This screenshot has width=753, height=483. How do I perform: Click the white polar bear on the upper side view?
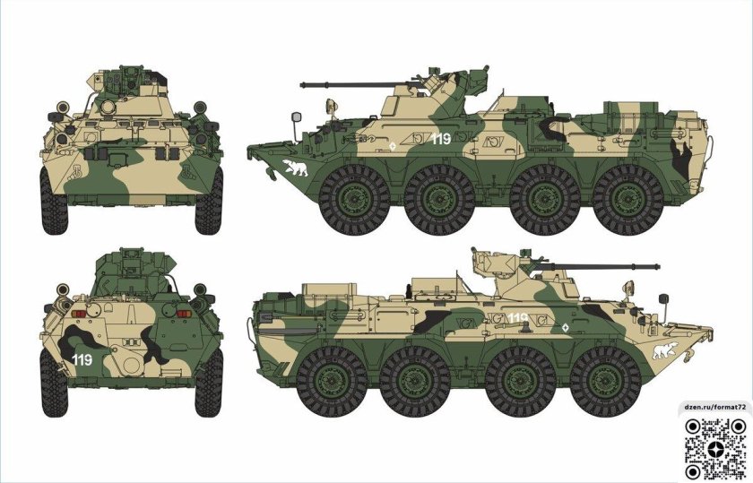pyautogui.click(x=295, y=168)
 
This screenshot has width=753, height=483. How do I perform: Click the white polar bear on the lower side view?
pyautogui.click(x=665, y=350)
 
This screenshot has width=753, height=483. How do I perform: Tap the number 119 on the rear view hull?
pyautogui.click(x=82, y=359)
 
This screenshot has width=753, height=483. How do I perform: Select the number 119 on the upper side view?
pyautogui.click(x=441, y=139)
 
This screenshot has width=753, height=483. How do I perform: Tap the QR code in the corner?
pyautogui.click(x=716, y=449)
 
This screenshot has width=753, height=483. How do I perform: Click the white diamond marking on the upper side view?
pyautogui.click(x=393, y=145)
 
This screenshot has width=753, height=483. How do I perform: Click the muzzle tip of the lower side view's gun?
pyautogui.click(x=657, y=266)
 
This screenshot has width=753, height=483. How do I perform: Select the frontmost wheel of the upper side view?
pyautogui.click(x=354, y=200)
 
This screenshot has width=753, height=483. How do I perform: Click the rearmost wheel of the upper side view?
pyautogui.click(x=628, y=200)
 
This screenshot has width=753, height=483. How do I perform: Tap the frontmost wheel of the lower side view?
pyautogui.click(x=606, y=382)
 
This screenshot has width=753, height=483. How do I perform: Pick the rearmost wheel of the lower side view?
pyautogui.click(x=332, y=382)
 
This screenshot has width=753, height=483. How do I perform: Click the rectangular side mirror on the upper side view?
pyautogui.click(x=297, y=117)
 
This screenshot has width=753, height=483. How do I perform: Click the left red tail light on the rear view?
pyautogui.click(x=78, y=314)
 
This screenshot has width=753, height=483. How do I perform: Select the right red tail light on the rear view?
pyautogui.click(x=184, y=314)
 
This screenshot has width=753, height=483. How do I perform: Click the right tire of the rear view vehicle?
pyautogui.click(x=209, y=383)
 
